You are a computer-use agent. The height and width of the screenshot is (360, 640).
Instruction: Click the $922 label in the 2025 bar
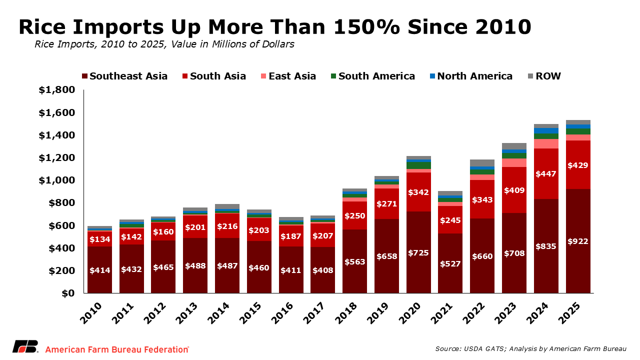point(578,241)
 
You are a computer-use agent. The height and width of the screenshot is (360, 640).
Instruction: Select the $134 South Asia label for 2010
point(99,239)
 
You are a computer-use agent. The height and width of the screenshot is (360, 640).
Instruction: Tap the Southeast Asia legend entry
point(124,76)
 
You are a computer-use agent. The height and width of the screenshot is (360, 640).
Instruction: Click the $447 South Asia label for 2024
point(546,174)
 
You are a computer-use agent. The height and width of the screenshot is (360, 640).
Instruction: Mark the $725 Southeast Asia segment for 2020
point(418,252)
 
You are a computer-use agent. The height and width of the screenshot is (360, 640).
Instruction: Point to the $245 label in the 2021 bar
point(450,220)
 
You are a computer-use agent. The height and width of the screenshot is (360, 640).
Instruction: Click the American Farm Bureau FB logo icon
point(25,347)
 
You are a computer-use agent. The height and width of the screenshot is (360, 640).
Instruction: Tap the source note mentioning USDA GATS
point(530,348)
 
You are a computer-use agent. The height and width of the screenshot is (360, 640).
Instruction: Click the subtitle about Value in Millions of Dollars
point(164,44)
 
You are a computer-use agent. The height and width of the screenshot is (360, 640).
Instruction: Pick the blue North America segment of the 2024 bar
point(546,130)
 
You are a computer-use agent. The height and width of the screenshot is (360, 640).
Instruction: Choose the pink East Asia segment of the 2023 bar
point(514,162)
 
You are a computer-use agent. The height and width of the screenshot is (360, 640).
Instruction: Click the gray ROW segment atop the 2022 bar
point(482,163)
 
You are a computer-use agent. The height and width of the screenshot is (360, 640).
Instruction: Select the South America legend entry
point(372,76)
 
